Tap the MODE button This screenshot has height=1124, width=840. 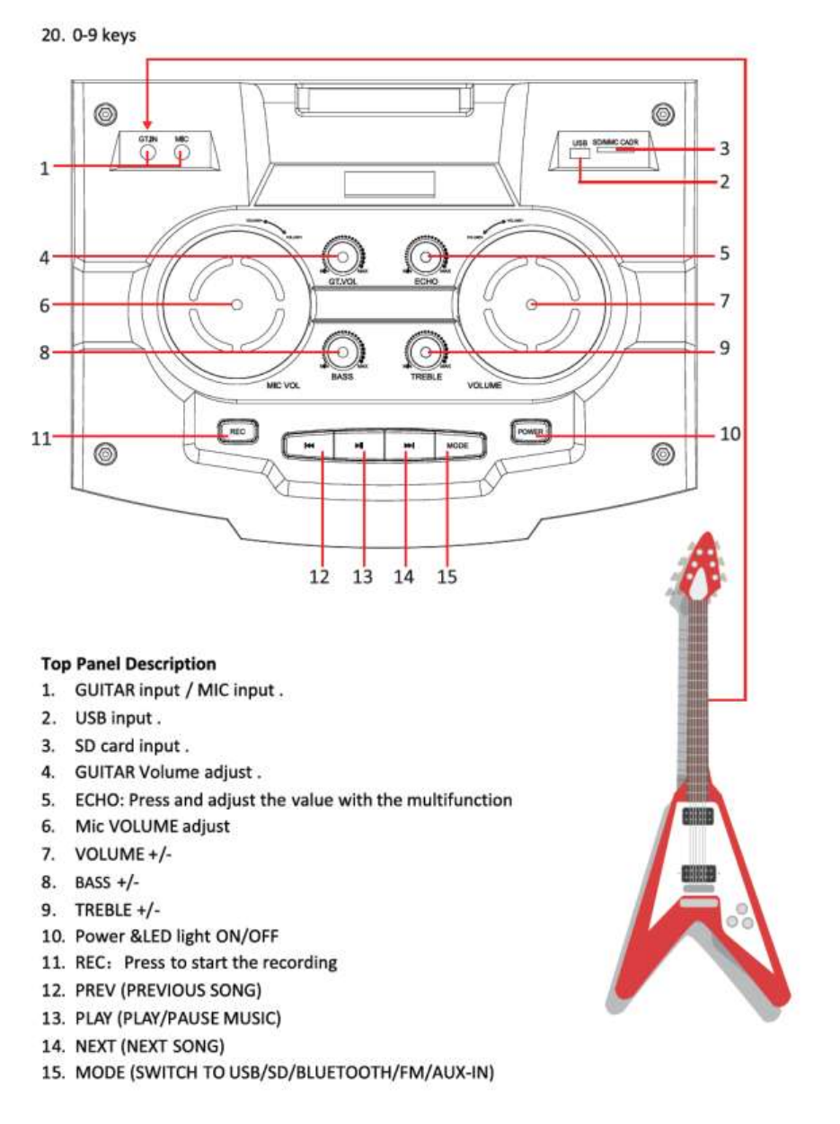pyautogui.click(x=459, y=445)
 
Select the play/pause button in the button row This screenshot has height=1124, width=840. pyautogui.click(x=359, y=445)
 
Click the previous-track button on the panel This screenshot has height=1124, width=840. pyautogui.click(x=308, y=445)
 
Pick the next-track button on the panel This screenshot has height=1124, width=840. pyautogui.click(x=409, y=445)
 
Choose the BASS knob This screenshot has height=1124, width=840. pyautogui.click(x=340, y=352)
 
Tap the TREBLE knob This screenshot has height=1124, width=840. pyautogui.click(x=426, y=352)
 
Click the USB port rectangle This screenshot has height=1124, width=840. pyautogui.click(x=579, y=155)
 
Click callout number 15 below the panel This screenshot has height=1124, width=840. pyautogui.click(x=447, y=577)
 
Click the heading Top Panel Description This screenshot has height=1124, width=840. pyautogui.click(x=128, y=664)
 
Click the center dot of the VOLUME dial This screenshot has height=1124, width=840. pyautogui.click(x=531, y=305)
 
